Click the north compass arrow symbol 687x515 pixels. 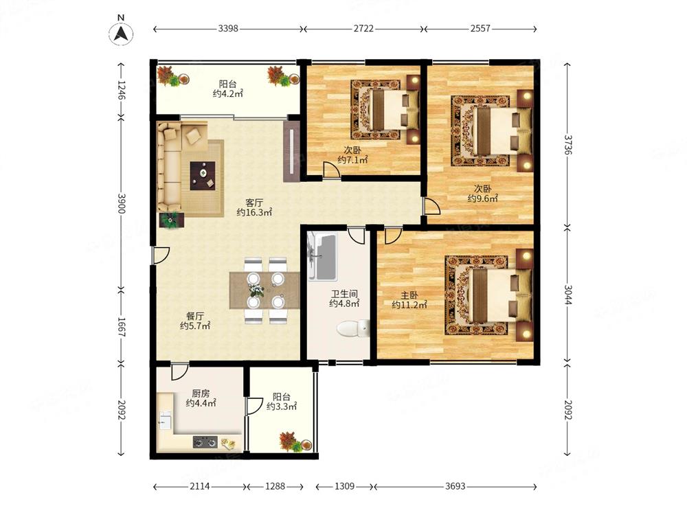coord(121,33)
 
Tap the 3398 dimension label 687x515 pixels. coord(228,28)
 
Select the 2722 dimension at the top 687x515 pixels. coord(363,28)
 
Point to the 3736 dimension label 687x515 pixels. coord(568,144)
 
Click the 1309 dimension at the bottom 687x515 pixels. coord(344,486)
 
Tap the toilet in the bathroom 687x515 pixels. coord(353,328)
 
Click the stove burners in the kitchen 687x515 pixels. coord(205,442)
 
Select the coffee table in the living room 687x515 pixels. coord(203,176)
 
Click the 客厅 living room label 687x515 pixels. coord(254,203)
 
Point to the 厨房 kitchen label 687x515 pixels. coord(200,393)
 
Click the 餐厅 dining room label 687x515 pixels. coord(195,316)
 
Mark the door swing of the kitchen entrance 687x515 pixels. coord(179,371)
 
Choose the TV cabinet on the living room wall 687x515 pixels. coord(291,151)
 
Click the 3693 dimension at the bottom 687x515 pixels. coord(455,486)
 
